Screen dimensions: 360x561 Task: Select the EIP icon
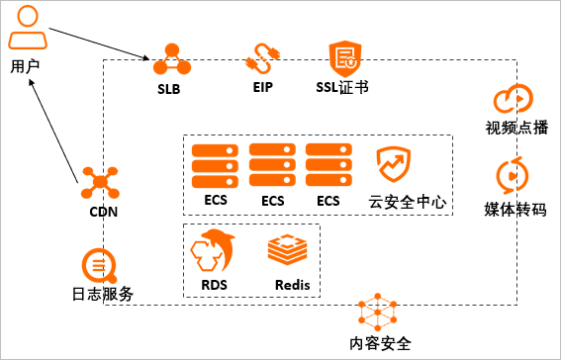coord(262,59)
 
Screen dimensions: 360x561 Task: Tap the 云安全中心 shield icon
coord(393,165)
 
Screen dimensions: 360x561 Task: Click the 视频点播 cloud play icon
coord(514,99)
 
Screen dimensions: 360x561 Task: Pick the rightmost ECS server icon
coord(328,164)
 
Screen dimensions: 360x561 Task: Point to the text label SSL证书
coord(342,87)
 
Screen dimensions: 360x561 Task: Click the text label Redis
coord(293,286)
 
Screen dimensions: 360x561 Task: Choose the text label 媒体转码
coord(514,210)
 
